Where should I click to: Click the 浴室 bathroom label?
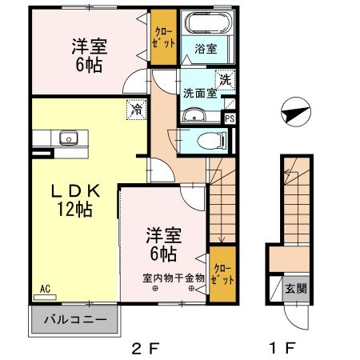point(206,49)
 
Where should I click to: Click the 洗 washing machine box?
point(226,79)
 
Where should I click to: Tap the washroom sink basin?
point(193,118)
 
